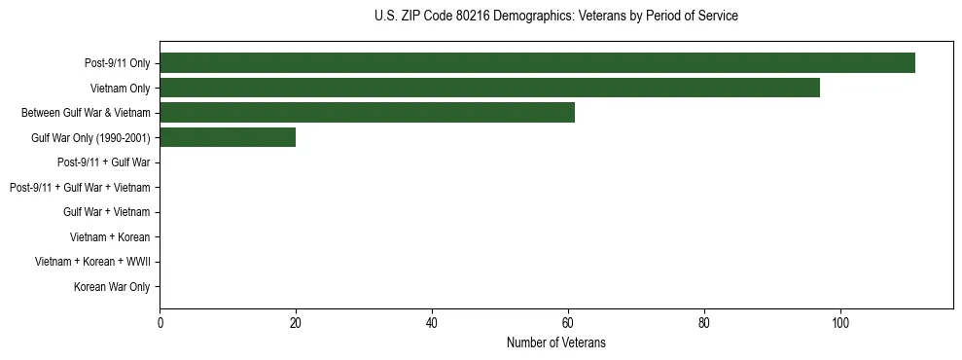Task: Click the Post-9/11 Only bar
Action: tap(537, 63)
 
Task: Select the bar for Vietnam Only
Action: tap(489, 88)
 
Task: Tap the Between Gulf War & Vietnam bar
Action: tap(367, 113)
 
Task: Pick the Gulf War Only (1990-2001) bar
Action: tap(228, 137)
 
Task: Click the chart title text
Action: tap(555, 17)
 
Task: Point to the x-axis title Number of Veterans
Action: tap(555, 342)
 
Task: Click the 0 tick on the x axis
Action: tap(160, 322)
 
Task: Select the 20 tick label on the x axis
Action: tap(296, 322)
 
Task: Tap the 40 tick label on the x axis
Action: tap(432, 322)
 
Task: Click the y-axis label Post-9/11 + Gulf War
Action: tap(103, 162)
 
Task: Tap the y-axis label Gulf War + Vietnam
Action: tap(106, 212)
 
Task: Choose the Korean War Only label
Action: tap(112, 287)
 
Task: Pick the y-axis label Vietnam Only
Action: tap(120, 89)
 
